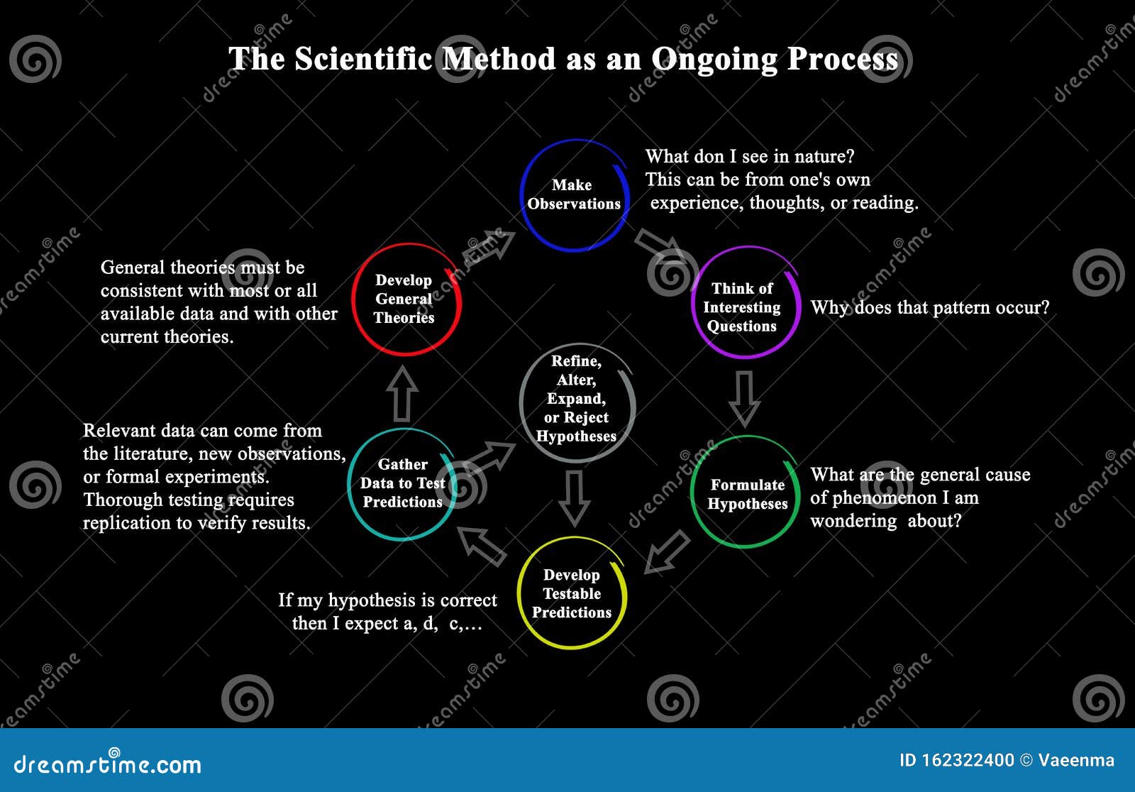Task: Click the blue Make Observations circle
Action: [574, 195]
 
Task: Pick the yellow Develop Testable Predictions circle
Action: [572, 593]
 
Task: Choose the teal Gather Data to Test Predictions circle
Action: [402, 484]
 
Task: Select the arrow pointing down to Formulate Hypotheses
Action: [744, 397]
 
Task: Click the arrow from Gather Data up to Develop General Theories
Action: [402, 394]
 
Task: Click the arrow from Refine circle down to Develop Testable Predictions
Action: [574, 497]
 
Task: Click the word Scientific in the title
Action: [362, 59]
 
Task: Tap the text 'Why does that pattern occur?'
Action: [929, 308]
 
